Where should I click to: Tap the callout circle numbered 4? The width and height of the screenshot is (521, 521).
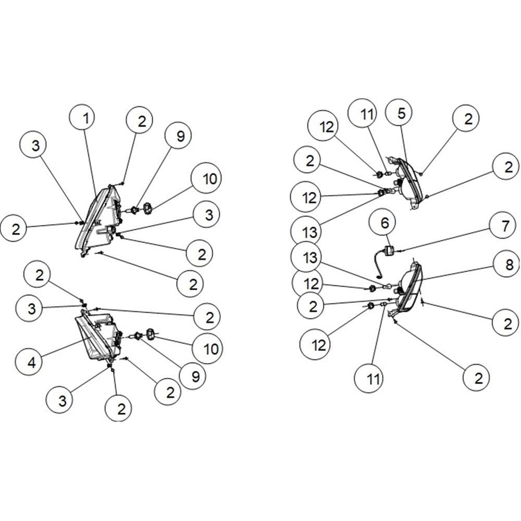tap(31, 362)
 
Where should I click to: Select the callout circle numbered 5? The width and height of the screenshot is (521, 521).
tap(401, 113)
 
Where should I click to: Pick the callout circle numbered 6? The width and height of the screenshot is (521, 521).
tap(384, 223)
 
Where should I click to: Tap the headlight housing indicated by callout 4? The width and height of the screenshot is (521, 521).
tap(98, 336)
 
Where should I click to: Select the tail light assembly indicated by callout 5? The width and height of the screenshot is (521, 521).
tap(407, 183)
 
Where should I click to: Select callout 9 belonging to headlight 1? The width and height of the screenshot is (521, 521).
tap(179, 136)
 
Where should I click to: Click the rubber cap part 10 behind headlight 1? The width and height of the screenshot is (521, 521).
tap(147, 209)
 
